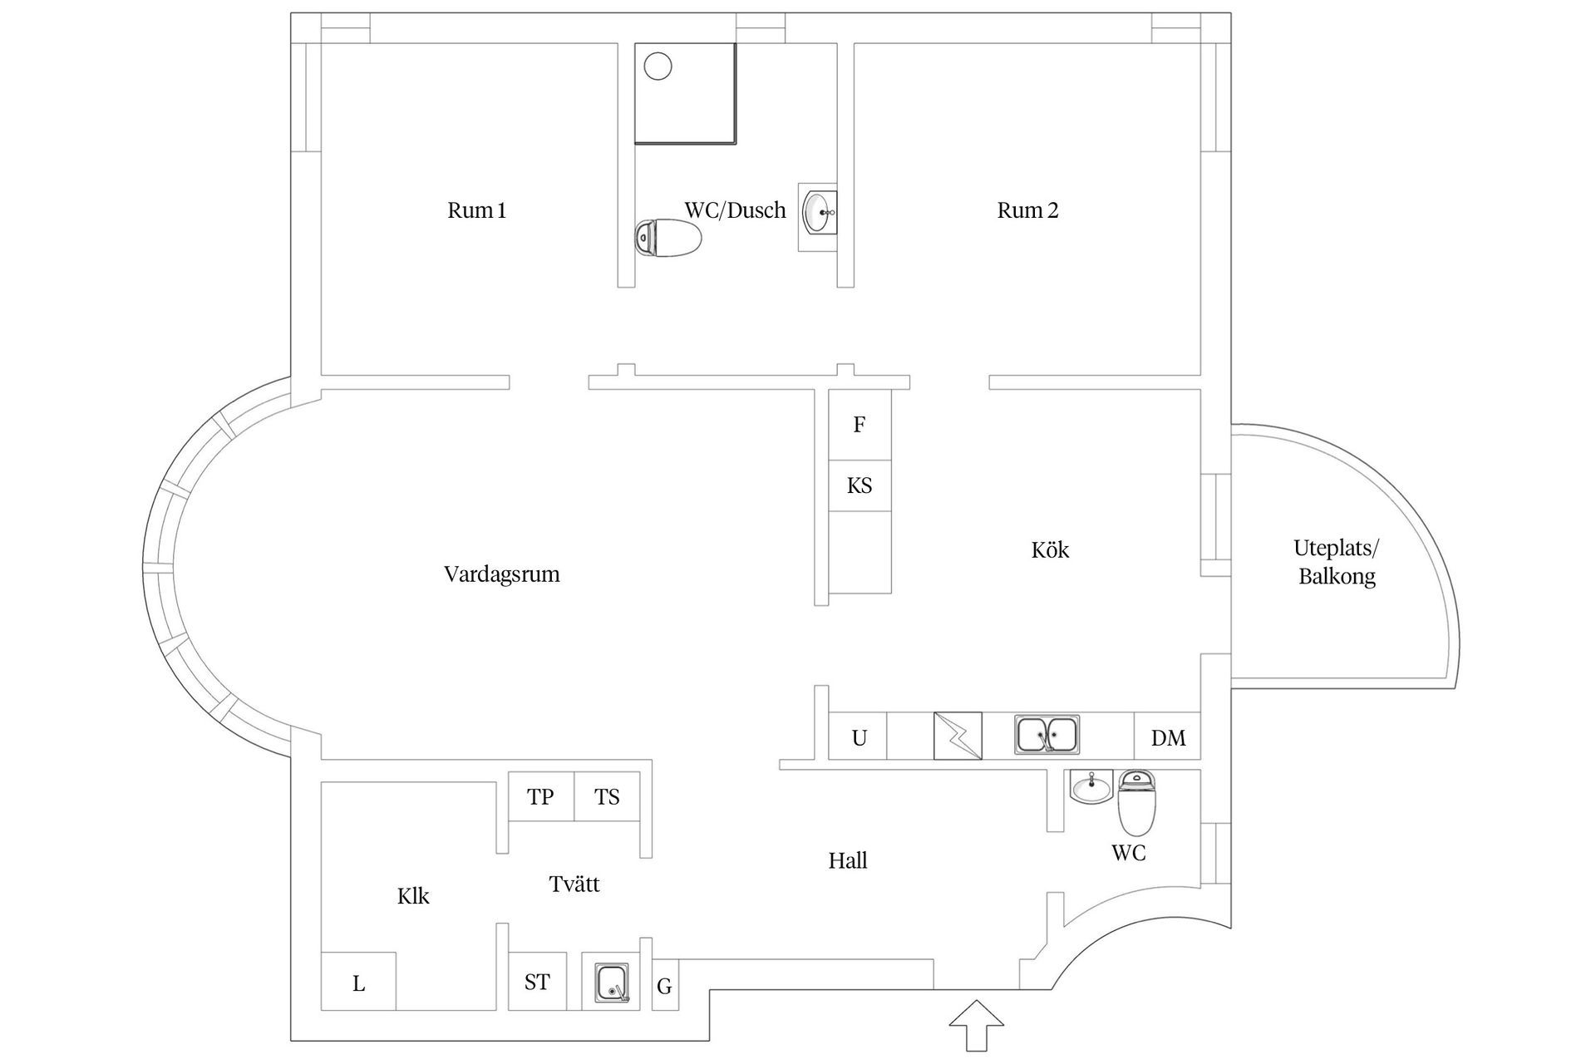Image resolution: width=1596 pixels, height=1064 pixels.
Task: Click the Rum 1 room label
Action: (476, 210)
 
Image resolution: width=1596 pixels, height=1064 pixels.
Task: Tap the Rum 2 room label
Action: (1027, 210)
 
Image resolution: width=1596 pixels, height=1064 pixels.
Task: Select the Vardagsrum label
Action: (501, 574)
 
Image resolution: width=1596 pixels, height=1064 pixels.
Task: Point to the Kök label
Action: (1050, 550)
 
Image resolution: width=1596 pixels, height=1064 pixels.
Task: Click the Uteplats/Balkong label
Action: (1336, 562)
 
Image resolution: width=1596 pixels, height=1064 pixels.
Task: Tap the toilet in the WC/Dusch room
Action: (668, 238)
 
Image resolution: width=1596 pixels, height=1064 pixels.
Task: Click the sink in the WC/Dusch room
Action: (820, 212)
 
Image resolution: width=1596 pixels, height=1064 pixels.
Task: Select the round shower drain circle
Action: (658, 66)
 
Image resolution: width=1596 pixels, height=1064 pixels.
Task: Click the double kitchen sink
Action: (1047, 735)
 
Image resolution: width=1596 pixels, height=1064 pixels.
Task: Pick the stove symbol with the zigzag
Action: (958, 736)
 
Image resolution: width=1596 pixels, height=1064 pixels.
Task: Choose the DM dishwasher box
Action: (1168, 737)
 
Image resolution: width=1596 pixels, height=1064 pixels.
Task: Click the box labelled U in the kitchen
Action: (859, 737)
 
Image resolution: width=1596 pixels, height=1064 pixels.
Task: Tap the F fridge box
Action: (860, 425)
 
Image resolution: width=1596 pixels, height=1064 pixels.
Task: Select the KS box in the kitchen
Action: (860, 485)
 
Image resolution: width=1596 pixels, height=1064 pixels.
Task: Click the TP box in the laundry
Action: (540, 797)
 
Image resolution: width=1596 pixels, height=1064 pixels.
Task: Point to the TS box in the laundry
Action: (607, 797)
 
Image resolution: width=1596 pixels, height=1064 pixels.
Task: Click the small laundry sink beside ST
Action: (612, 982)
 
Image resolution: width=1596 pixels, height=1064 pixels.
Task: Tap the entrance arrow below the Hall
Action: (977, 1025)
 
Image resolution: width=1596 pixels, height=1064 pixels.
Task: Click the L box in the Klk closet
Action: (358, 983)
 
